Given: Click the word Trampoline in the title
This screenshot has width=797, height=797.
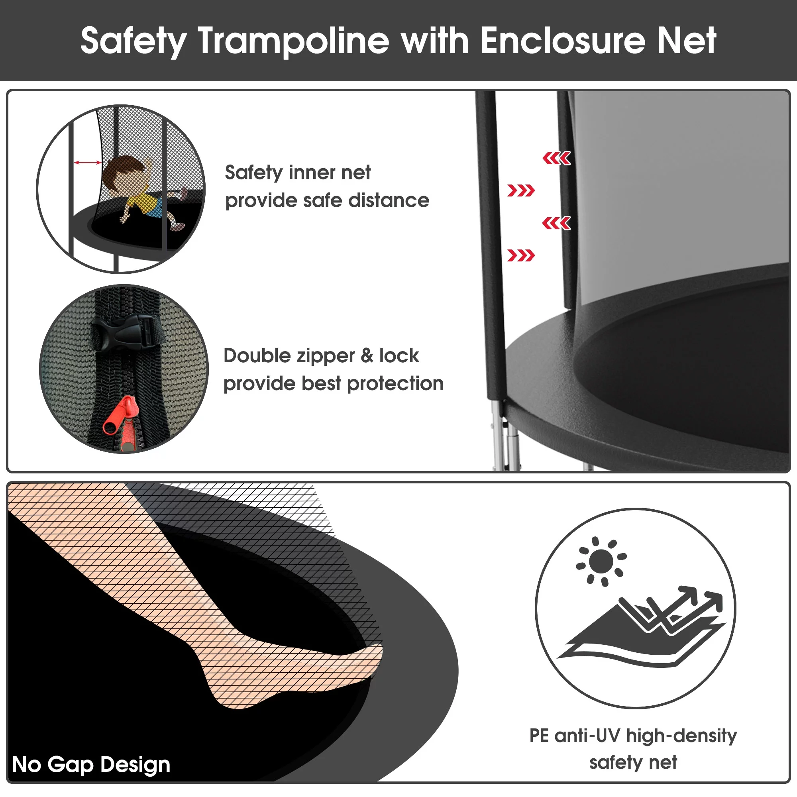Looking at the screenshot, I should tap(293, 41).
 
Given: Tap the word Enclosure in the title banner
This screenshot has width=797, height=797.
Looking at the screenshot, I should tap(563, 41).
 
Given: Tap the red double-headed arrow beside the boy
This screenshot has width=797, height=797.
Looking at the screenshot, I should tap(87, 163).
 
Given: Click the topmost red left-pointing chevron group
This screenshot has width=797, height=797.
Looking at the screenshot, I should tap(556, 158).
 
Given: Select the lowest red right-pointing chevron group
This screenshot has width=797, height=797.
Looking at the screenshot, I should tap(521, 255).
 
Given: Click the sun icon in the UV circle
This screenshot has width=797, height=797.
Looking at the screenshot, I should tap(601, 561).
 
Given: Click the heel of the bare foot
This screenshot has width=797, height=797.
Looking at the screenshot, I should tap(231, 697).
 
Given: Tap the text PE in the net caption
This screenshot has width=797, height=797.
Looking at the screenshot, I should tap(539, 736).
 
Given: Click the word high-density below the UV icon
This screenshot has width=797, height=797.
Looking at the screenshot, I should tap(681, 736).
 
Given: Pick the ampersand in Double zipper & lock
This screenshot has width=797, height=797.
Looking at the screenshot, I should tap(367, 355).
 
